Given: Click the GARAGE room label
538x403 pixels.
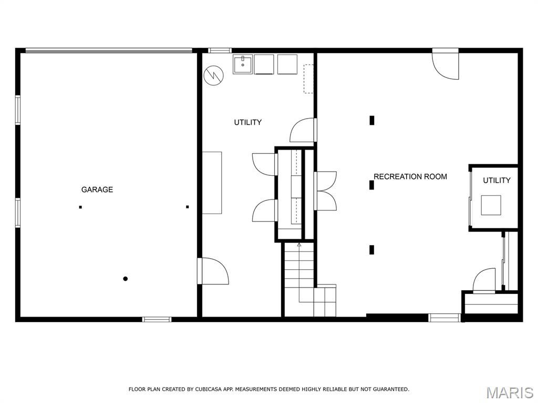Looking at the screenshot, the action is pyautogui.click(x=97, y=189).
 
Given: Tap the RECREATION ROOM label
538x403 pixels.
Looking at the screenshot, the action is pyautogui.click(x=410, y=177).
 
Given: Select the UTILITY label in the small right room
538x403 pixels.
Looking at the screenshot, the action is pyautogui.click(x=496, y=181).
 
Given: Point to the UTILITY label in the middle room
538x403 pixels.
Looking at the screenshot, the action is pyautogui.click(x=248, y=122).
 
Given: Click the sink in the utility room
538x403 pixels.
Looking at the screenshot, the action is pyautogui.click(x=243, y=64).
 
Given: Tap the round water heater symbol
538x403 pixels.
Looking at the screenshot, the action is pyautogui.click(x=213, y=76).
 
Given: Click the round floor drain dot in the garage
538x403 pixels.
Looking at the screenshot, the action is pyautogui.click(x=126, y=279).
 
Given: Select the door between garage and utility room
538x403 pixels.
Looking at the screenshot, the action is pyautogui.click(x=213, y=271).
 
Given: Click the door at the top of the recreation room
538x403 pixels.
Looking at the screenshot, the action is pyautogui.click(x=446, y=64).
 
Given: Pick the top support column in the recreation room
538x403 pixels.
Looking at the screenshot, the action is pyautogui.click(x=371, y=120).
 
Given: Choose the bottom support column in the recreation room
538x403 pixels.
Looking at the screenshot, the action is pyautogui.click(x=371, y=250).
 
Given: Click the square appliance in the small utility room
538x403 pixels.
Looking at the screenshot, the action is pyautogui.click(x=491, y=205).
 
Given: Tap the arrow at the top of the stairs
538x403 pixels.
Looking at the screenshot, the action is pyautogui.click(x=299, y=245).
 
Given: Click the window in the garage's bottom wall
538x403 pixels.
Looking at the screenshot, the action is pyautogui.click(x=157, y=320).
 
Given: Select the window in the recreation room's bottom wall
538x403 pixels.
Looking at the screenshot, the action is pyautogui.click(x=444, y=317).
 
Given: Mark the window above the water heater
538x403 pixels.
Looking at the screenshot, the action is pyautogui.click(x=220, y=50).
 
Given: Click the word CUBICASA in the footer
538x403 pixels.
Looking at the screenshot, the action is pyautogui.click(x=209, y=389).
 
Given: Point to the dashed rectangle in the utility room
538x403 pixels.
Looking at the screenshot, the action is pyautogui.click(x=308, y=79).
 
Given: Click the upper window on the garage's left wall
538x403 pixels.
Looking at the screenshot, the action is pyautogui.click(x=18, y=110).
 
